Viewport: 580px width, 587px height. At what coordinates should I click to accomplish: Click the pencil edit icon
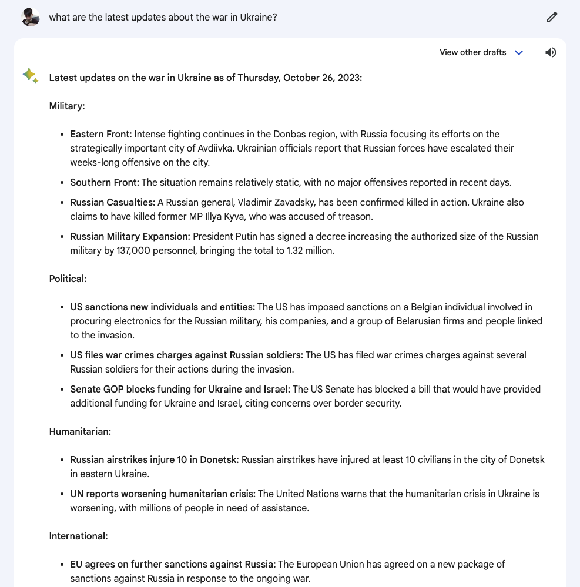point(551,17)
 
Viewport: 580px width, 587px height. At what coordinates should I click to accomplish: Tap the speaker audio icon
point(551,52)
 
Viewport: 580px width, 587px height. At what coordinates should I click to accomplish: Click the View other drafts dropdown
point(481,52)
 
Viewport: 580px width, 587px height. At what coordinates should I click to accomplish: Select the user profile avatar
point(30,17)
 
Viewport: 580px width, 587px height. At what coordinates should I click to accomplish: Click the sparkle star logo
point(30,76)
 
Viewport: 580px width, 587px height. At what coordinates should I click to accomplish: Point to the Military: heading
point(67,106)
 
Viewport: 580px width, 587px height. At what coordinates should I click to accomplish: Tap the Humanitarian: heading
point(80,431)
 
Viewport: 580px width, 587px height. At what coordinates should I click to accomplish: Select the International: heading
point(78,536)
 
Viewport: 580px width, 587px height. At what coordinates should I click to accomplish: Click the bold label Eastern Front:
point(101,134)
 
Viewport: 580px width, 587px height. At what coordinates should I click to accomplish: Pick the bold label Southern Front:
point(105,182)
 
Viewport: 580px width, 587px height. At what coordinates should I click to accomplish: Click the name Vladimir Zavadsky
point(276,202)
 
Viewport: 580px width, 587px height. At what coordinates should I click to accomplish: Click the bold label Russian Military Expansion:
point(130,236)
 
